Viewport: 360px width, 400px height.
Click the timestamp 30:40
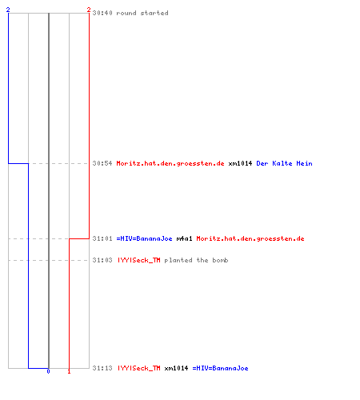click(x=102, y=13)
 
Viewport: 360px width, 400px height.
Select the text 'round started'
click(x=142, y=13)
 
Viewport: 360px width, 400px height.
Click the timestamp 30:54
click(x=102, y=163)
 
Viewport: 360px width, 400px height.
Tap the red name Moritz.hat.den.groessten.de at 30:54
click(x=170, y=163)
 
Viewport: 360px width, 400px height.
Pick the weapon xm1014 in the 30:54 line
click(x=240, y=163)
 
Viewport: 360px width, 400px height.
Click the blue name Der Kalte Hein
click(x=284, y=163)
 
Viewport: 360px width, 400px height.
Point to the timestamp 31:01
click(x=102, y=238)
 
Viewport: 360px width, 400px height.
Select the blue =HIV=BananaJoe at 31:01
click(x=144, y=238)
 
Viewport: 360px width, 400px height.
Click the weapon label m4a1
click(x=184, y=238)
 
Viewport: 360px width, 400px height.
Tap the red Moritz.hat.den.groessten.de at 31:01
click(x=250, y=238)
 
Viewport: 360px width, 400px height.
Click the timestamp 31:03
click(x=102, y=260)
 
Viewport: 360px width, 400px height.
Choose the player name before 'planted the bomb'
click(x=139, y=260)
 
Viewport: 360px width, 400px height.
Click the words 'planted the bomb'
click(x=196, y=260)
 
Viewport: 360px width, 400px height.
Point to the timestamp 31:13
click(x=102, y=368)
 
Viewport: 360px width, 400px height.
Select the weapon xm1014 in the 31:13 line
click(x=176, y=368)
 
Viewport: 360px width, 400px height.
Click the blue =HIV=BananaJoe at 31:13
click(x=220, y=368)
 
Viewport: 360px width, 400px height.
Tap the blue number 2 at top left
click(x=8, y=10)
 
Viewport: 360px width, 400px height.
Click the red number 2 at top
click(x=89, y=10)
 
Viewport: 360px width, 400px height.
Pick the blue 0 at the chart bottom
click(x=48, y=371)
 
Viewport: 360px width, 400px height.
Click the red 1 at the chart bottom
click(x=69, y=371)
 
